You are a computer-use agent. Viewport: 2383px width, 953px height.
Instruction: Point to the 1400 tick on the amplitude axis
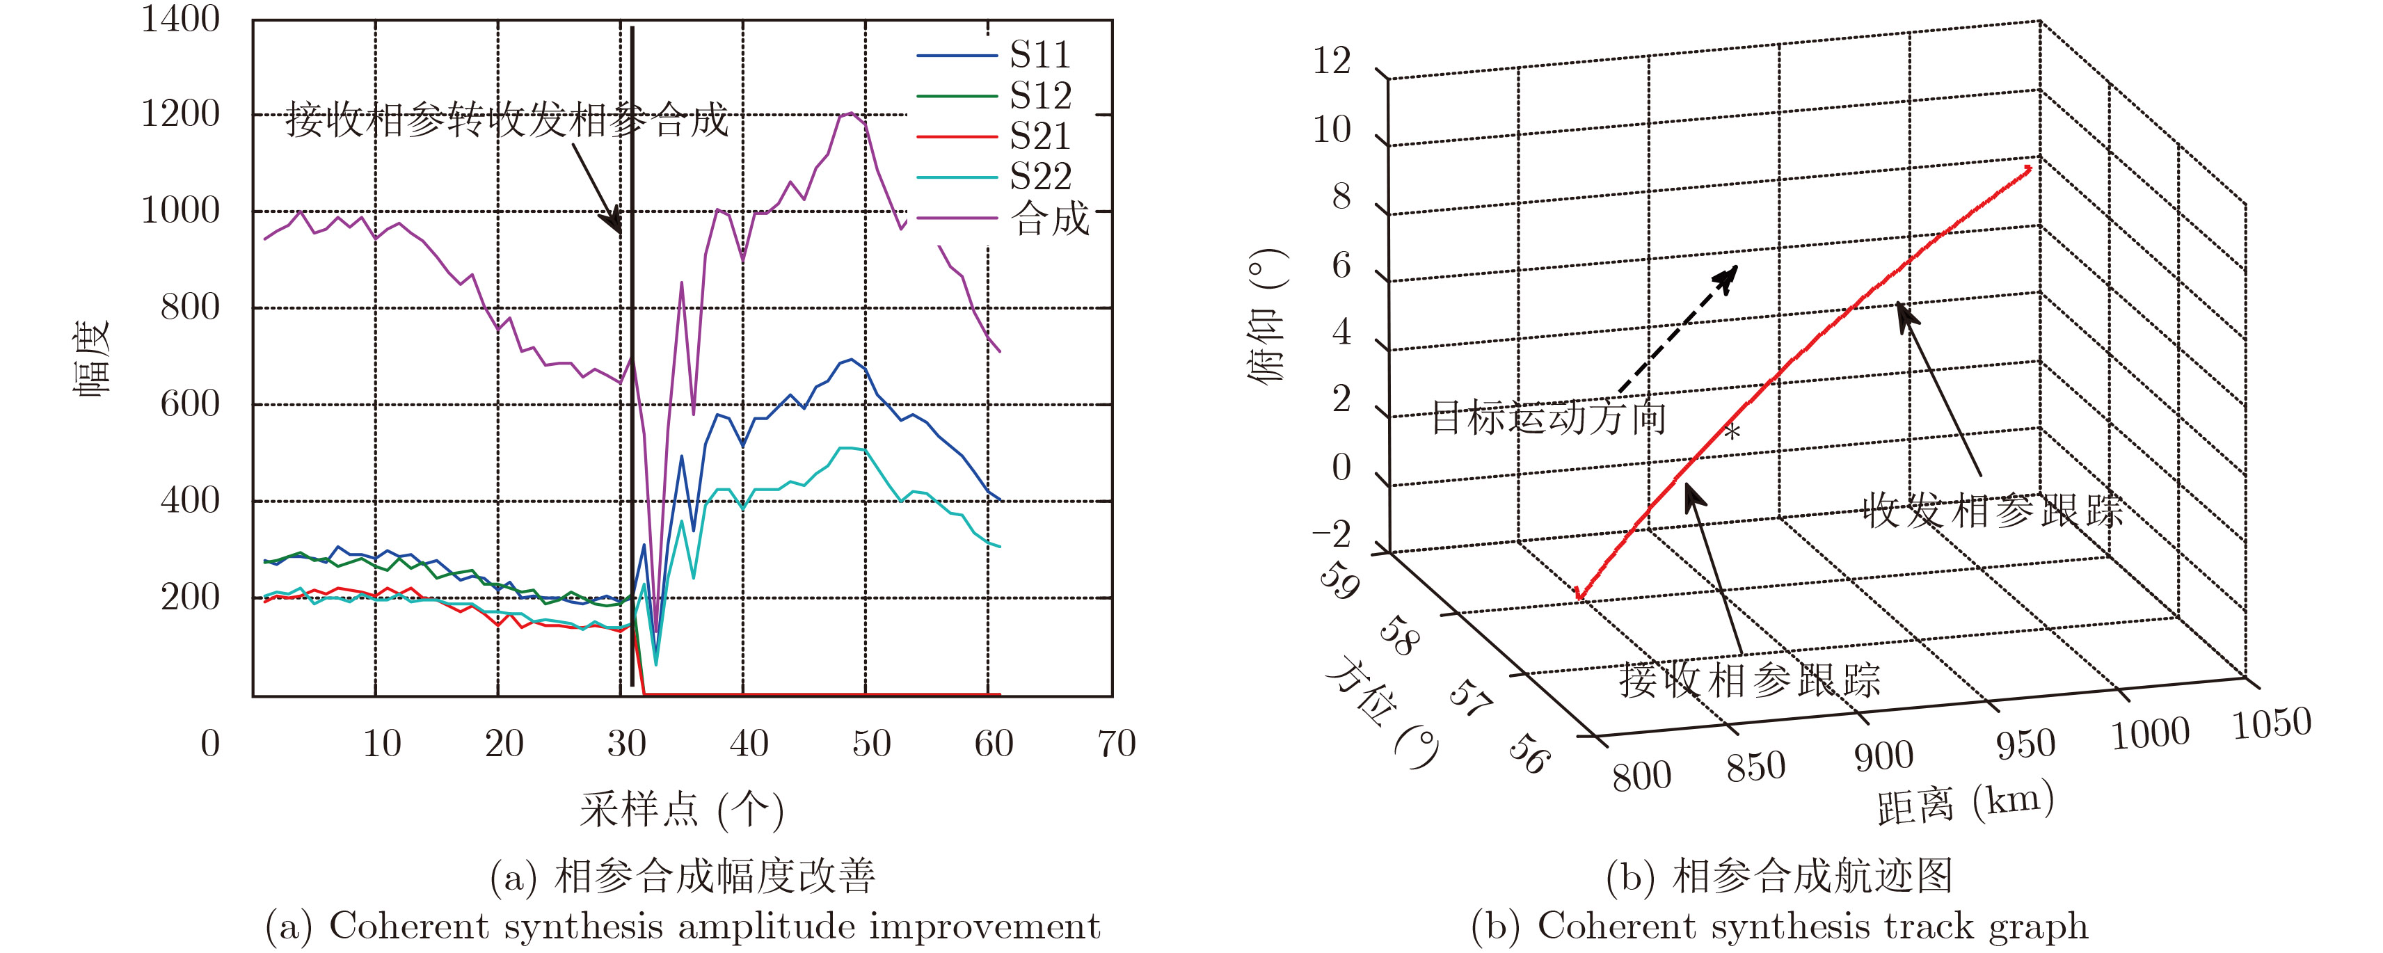(x=180, y=19)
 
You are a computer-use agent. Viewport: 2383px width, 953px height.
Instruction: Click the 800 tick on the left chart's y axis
(x=190, y=307)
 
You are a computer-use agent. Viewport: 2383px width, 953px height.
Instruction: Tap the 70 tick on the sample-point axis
(x=1117, y=744)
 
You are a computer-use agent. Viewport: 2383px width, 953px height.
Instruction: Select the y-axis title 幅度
(x=92, y=359)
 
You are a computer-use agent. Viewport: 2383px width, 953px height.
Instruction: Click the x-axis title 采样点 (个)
(x=682, y=810)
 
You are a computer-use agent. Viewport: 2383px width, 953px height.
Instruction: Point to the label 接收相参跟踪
(x=1749, y=681)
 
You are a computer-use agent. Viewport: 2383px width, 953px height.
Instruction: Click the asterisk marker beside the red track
(x=1732, y=432)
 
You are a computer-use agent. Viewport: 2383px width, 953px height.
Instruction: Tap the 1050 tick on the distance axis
(x=2272, y=723)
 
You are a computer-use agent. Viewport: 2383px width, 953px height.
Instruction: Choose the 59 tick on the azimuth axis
(x=1339, y=581)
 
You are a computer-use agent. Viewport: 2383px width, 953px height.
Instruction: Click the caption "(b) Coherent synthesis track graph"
(x=1779, y=926)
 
